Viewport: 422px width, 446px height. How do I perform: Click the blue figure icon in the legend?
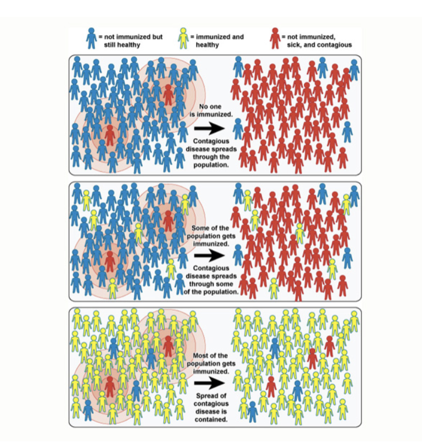point(91,38)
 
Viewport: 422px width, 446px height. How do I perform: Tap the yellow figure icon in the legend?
point(184,38)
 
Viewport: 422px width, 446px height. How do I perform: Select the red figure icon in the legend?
point(275,38)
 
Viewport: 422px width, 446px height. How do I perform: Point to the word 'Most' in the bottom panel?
point(200,355)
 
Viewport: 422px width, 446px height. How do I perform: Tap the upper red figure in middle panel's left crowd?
point(168,220)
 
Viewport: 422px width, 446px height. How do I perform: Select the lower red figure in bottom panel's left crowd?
point(110,385)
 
